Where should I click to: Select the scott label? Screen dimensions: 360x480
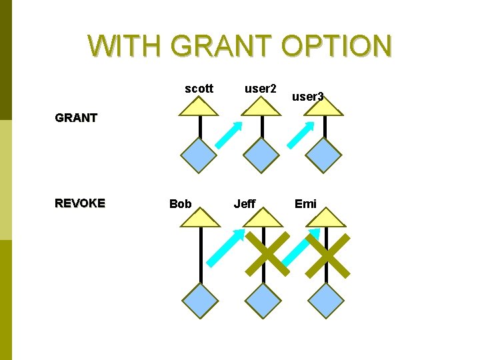[199, 88]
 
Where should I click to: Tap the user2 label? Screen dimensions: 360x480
[261, 88]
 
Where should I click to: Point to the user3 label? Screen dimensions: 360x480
[308, 97]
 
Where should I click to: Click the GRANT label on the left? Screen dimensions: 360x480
[76, 118]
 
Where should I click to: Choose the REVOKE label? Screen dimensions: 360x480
[80, 203]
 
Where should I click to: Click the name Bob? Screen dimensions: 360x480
[180, 203]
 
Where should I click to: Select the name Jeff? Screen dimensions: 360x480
[245, 203]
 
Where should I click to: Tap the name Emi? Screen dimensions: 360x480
[305, 203]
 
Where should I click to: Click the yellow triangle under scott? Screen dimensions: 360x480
[199, 107]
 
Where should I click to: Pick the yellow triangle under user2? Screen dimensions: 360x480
[261, 107]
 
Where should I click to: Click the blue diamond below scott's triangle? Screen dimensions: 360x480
[200, 155]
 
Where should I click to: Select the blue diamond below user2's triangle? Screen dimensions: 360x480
[261, 155]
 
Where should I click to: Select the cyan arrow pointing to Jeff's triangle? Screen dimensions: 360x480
[225, 247]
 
